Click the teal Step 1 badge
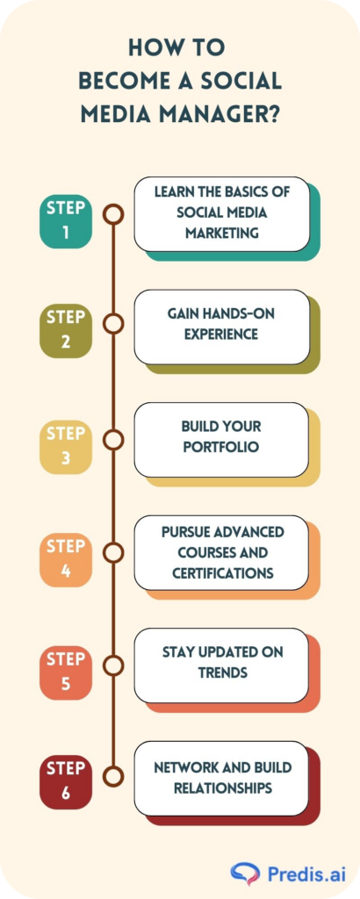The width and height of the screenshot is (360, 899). coord(65,221)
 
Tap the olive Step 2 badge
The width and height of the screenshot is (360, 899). coord(65,331)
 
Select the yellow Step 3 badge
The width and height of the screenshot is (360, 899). coord(65,447)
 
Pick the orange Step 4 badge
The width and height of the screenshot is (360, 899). coord(65,559)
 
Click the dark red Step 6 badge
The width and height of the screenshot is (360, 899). coord(65,782)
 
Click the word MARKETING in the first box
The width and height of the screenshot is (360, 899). coord(222,234)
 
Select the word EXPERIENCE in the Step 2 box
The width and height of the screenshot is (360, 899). coord(221,334)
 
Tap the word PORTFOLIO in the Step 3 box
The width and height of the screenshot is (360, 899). coord(221,447)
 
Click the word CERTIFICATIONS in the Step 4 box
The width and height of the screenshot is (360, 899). coord(221,573)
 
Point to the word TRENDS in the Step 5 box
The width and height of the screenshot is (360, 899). coord(223,672)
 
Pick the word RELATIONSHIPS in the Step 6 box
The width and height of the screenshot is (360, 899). coord(222,788)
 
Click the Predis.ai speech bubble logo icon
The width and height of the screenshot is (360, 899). coord(245,874)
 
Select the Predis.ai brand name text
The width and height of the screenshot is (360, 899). coord(306,874)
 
